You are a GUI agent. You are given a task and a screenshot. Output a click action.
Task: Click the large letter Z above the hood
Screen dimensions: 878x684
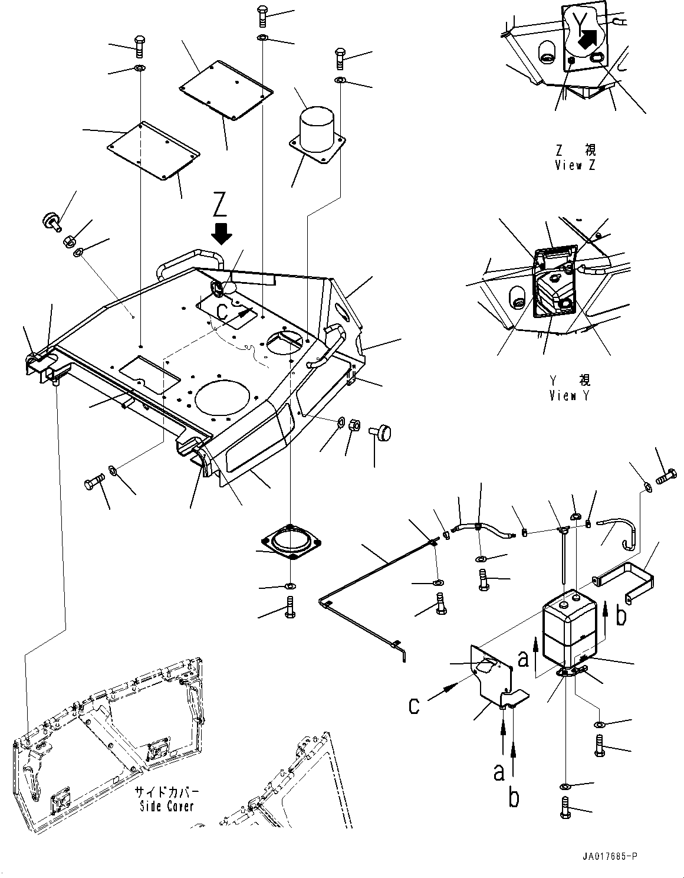(x=219, y=205)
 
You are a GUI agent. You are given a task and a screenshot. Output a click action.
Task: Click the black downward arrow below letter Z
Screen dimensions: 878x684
(x=222, y=233)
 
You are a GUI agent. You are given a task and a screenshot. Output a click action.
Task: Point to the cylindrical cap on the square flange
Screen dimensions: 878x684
(x=317, y=126)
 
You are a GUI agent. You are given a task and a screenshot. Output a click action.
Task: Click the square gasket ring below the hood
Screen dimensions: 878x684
(x=290, y=543)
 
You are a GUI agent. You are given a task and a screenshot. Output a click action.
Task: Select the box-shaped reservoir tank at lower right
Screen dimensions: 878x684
(x=569, y=625)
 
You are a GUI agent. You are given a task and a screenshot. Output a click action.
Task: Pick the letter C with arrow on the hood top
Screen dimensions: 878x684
(x=222, y=313)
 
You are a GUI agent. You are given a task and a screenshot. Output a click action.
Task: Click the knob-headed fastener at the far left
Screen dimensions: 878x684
(x=49, y=222)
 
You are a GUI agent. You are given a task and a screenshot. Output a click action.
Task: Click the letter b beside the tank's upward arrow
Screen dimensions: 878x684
(x=620, y=617)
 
